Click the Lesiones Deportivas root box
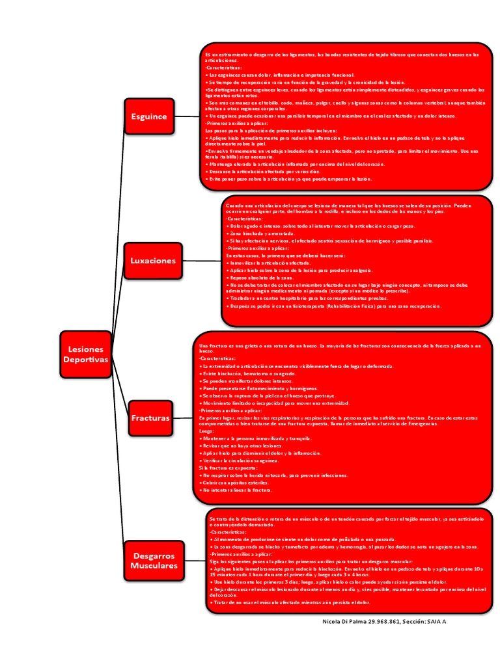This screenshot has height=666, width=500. tap(86, 354)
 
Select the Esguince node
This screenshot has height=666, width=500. tap(149, 116)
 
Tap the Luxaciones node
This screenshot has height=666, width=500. tap(153, 260)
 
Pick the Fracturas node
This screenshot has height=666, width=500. tap(150, 418)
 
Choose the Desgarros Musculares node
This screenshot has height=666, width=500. tap(154, 561)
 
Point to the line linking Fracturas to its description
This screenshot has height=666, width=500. tap(182, 418)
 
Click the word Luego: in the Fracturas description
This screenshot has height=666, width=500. tap(206, 431)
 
